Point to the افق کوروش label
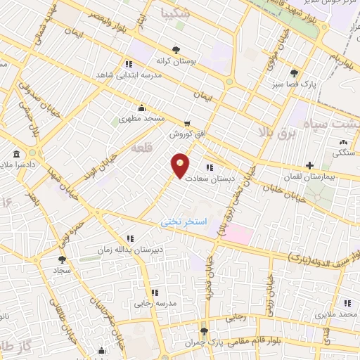click(x=185, y=133)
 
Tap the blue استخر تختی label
click(x=182, y=221)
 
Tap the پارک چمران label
click(x=205, y=341)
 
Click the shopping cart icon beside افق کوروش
click(x=186, y=122)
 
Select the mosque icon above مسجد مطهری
click(x=142, y=108)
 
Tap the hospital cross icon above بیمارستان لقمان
click(x=309, y=165)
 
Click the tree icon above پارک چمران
click(x=205, y=330)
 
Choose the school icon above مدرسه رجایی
click(x=155, y=292)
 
